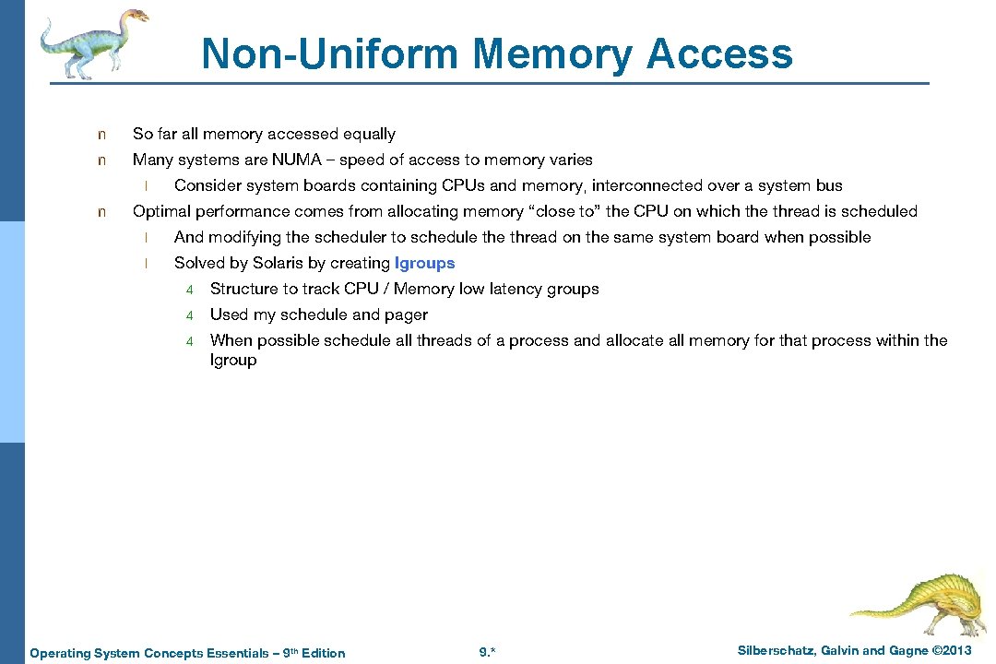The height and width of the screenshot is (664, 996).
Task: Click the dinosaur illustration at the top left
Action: (x=93, y=41)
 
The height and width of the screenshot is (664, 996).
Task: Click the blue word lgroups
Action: (x=424, y=263)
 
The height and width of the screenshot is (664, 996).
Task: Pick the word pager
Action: (x=406, y=314)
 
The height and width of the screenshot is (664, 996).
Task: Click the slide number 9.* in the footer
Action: (x=488, y=653)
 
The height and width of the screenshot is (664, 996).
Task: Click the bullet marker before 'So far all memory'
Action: (x=102, y=135)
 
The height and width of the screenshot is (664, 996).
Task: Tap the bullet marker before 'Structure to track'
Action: (x=189, y=290)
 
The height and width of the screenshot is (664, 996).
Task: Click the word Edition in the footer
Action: (x=322, y=653)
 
